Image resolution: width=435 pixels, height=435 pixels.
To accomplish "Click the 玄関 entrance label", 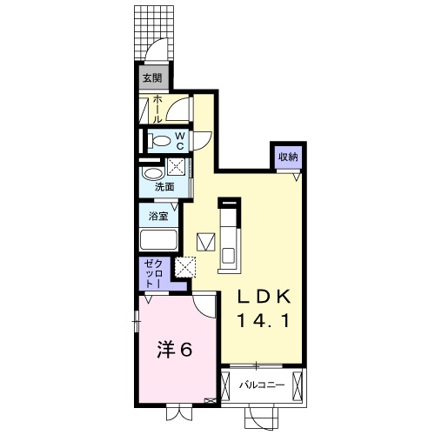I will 152,78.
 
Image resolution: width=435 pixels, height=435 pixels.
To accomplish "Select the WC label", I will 179,140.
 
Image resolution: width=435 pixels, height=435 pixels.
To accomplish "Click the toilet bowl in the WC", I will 161,140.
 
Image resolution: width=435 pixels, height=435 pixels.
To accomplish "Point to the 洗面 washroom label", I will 164,185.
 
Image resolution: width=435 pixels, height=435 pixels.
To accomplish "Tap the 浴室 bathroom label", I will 157,214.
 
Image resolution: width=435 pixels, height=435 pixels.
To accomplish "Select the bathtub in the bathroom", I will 158,240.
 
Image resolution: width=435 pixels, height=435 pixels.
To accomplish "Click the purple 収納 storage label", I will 288,157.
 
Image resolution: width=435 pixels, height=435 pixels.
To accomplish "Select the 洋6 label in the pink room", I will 174,351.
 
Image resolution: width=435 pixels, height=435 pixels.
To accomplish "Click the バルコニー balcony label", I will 263,384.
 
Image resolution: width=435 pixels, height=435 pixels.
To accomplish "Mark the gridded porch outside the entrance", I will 153,30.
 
